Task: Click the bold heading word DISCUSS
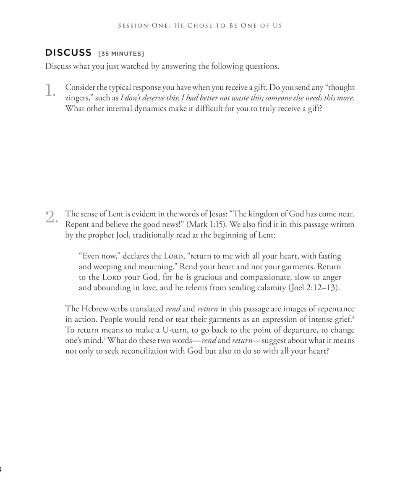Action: point(68,52)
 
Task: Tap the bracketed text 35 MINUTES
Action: point(121,54)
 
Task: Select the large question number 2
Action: point(50,217)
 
